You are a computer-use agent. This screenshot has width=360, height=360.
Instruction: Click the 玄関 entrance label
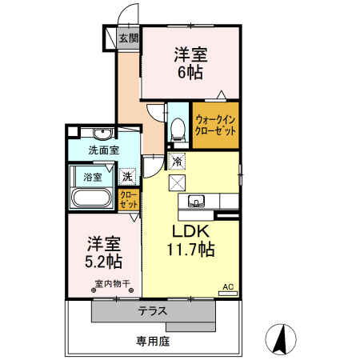[x=129, y=38]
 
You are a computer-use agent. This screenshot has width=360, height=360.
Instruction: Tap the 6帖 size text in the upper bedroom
[x=190, y=72]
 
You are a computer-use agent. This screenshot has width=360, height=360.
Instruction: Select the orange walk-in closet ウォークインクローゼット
[x=215, y=125]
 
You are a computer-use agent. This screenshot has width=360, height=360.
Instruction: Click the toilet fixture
[x=178, y=129]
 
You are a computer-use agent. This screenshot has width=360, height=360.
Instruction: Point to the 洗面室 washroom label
[x=103, y=149]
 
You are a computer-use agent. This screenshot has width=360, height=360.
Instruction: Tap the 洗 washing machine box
[x=128, y=176]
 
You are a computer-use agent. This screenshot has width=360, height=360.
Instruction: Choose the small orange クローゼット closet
[x=129, y=199]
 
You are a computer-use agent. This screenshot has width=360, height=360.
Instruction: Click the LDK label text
[x=190, y=231]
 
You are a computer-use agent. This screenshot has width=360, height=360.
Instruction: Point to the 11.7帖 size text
[x=190, y=250]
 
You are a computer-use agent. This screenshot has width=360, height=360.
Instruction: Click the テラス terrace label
[x=152, y=311]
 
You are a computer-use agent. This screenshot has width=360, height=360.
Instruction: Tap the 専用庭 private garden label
[x=152, y=341]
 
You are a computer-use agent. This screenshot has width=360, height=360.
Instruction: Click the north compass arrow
[x=281, y=339]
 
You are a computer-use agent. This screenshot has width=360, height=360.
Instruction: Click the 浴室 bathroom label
[x=93, y=177]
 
